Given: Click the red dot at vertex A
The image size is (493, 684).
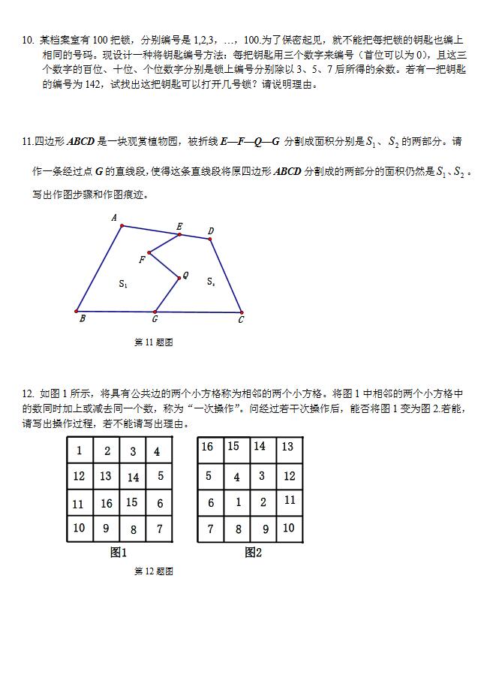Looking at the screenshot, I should tap(122, 225).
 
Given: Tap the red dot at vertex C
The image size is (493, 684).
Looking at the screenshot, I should tap(242, 312).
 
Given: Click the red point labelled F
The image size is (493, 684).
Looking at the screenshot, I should tap(149, 253).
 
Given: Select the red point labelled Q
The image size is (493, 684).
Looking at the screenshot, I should tap(178, 278).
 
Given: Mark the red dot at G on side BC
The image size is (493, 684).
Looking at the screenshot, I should tap(155, 312).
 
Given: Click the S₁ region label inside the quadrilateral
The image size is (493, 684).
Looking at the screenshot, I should tap(123, 284).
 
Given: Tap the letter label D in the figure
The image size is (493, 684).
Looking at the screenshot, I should tap(211, 231).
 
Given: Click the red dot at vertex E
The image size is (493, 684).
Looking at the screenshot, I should tap(179, 234).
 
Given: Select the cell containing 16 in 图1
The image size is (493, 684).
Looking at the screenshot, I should tap(107, 503).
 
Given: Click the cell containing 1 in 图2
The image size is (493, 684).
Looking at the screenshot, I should tap(238, 502).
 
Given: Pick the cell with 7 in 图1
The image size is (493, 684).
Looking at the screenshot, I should tap(159, 529).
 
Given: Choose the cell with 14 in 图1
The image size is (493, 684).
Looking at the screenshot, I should tap(133, 477).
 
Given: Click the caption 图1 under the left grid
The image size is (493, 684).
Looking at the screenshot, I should tap(119, 553).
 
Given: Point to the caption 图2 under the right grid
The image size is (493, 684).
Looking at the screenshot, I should tap(253, 553).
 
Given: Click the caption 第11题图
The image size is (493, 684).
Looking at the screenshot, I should tap(154, 342).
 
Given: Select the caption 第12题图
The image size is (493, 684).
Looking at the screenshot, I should tap(154, 571).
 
